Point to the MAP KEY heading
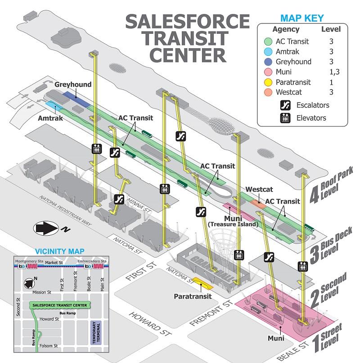click(x=301, y=18)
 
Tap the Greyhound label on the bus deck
click(x=73, y=85)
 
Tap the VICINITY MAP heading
click(x=62, y=251)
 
